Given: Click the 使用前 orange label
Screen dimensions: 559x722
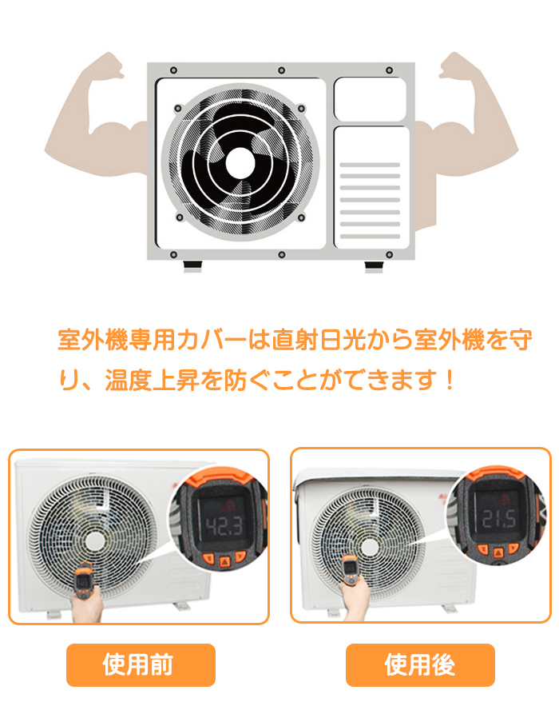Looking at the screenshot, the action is coord(141,664).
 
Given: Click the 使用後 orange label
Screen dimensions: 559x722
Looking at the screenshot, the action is coord(420,664).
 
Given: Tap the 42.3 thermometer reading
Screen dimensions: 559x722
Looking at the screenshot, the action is coord(223,526).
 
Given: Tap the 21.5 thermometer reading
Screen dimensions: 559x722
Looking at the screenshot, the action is coord(499,519).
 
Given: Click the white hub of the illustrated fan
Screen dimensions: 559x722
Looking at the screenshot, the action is coord(240,162).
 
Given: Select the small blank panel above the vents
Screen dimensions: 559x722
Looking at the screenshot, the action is coord(370,99).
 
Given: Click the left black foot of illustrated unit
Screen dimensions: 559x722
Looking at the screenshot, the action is coord(192,265).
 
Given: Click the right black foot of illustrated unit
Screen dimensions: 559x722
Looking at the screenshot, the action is coord(374,265).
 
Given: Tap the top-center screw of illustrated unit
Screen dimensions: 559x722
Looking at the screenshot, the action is coord(281,70).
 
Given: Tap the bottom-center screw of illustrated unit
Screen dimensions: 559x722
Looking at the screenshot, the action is coord(282,254).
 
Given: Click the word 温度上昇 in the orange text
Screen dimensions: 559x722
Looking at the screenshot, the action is coord(152,380).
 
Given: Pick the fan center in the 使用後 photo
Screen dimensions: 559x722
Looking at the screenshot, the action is coord(369,547).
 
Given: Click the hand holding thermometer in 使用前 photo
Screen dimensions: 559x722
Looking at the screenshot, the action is coord(87,606).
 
